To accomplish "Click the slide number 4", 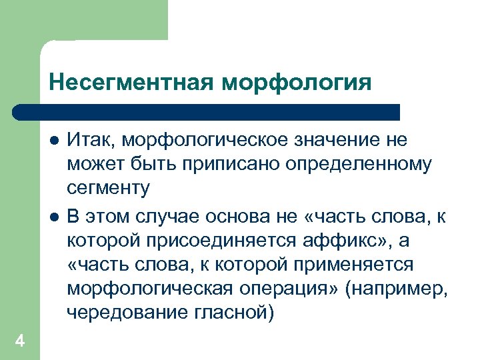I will pos(20,342).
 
